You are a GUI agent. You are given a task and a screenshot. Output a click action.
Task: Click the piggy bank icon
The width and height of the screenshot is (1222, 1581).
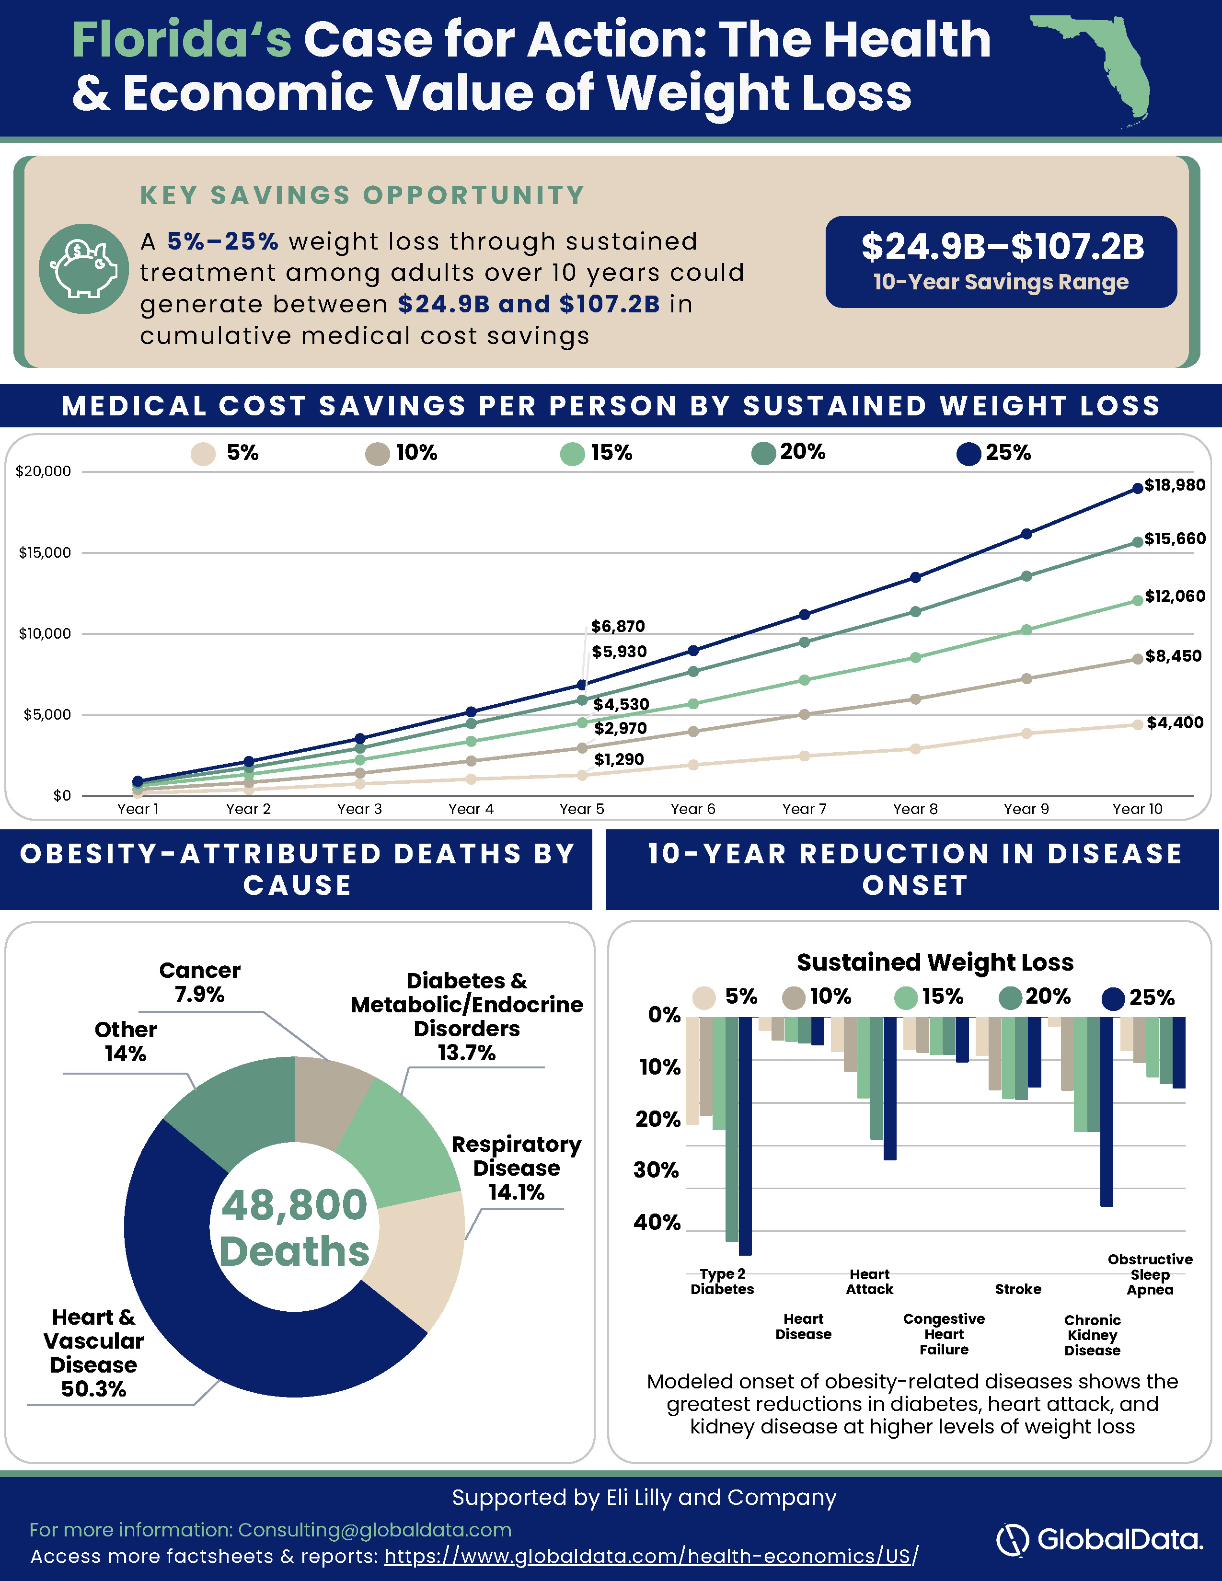pyautogui.click(x=84, y=269)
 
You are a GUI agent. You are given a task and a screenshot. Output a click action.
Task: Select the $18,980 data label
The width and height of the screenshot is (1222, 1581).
pyautogui.click(x=1174, y=485)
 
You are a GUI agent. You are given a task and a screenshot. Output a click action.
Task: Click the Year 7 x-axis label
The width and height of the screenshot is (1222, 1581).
pyautogui.click(x=804, y=809)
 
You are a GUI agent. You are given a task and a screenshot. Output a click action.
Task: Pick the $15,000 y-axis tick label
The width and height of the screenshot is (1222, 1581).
pyautogui.click(x=45, y=552)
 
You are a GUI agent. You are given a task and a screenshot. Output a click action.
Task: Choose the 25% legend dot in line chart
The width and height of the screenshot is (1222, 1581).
pyautogui.click(x=968, y=454)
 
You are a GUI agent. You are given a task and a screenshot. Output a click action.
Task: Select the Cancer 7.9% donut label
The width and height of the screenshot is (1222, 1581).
pyautogui.click(x=200, y=982)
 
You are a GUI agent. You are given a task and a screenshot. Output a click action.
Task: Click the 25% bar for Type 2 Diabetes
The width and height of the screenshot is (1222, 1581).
pyautogui.click(x=745, y=1136)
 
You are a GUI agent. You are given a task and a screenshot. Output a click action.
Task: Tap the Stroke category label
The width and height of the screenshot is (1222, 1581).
pyautogui.click(x=1018, y=1289)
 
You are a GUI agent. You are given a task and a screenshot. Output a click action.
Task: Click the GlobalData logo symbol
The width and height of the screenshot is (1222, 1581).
pyautogui.click(x=1013, y=1540)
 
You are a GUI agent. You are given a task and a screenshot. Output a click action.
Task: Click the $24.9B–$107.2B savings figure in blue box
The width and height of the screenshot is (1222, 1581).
pyautogui.click(x=1003, y=247)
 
